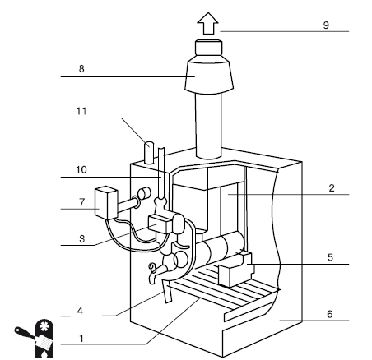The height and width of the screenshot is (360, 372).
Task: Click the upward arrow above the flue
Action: [208, 23]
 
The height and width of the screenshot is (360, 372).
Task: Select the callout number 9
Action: [326, 25]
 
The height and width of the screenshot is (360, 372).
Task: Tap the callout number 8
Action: [81, 69]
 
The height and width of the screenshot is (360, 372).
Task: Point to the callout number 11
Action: [81, 111]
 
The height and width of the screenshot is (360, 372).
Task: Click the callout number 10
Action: [81, 170]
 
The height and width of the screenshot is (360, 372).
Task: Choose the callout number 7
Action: [82, 202]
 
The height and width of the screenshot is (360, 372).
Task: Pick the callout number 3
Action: [82, 239]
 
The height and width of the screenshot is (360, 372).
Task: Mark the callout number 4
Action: [80, 311]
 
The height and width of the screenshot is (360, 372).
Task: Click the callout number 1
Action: [81, 339]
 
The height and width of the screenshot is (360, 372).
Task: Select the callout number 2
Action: [332, 188]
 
